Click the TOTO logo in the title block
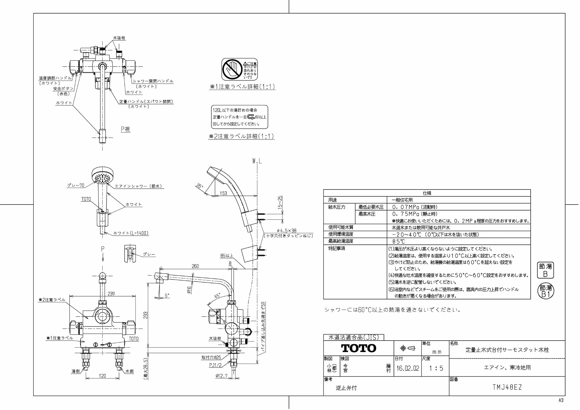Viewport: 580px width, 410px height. pos(358,348)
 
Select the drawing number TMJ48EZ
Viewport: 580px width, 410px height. pos(507,387)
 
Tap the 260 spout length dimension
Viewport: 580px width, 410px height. pos(195,266)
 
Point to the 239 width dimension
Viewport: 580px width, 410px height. pos(111,294)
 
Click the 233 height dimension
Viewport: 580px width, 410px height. pos(145,315)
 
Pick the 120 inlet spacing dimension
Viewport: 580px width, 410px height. pos(102,376)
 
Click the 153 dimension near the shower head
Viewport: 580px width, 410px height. pos(223,193)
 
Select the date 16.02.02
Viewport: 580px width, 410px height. pos(408,368)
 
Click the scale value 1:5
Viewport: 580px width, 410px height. pos(436,368)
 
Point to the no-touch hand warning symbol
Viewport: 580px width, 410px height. pos(232,69)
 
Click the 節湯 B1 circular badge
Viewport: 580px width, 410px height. pos(545,291)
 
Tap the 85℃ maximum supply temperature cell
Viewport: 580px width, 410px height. pos(398,241)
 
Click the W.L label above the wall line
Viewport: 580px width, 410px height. pos(257,161)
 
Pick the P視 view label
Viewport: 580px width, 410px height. pos(126,129)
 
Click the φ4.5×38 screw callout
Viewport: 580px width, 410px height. pos(286,231)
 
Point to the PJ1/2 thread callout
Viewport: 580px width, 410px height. pos(215,365)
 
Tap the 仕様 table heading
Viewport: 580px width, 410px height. pos(427,193)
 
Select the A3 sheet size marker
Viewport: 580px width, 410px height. pos(561,400)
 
